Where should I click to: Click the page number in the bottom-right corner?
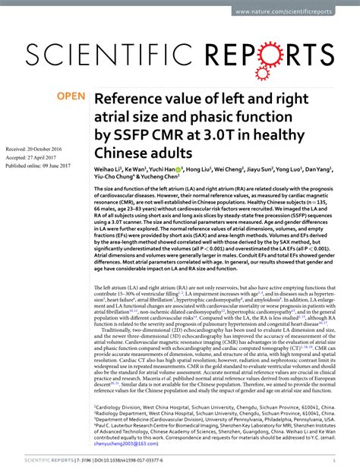[334, 460]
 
